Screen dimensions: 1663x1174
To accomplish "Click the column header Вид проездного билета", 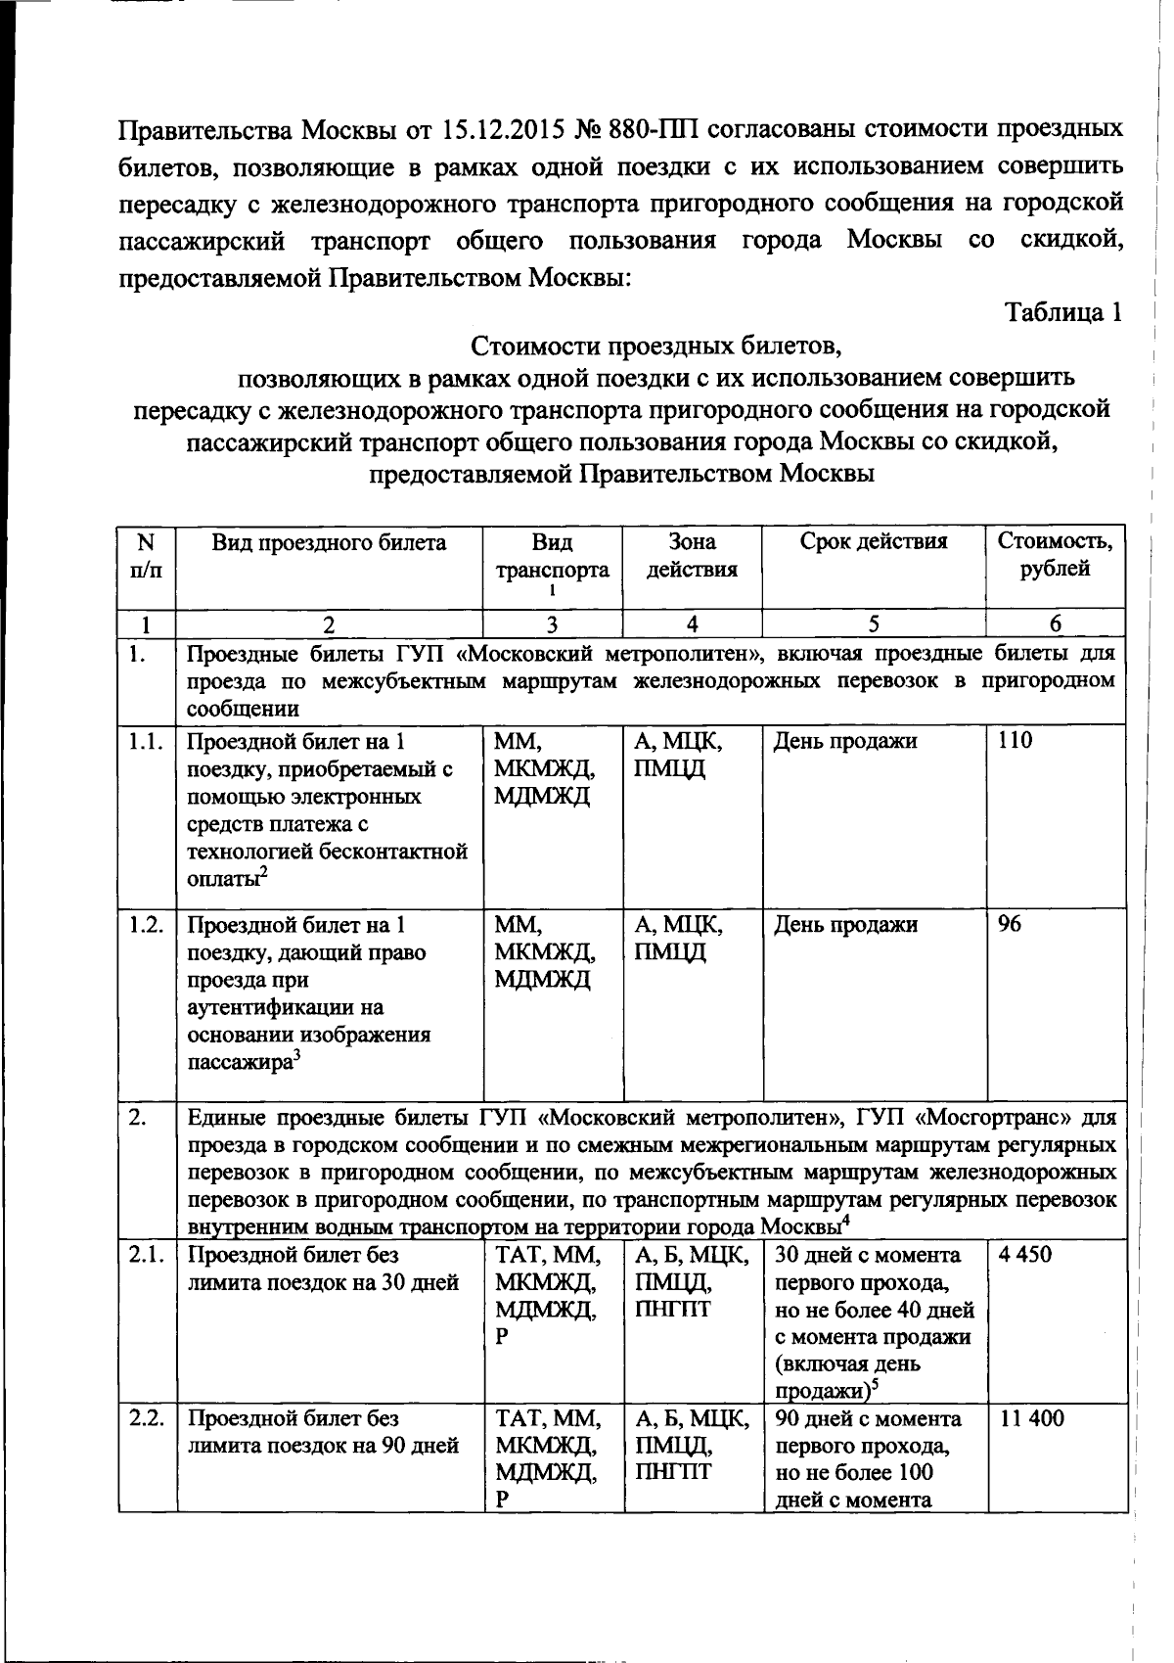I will coord(329,542).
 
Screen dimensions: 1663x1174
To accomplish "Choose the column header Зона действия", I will coord(691,555).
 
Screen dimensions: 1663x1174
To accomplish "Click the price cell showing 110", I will coord(1015,741).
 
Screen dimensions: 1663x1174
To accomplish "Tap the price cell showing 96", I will coord(1009,924).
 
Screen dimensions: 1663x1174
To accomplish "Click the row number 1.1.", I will coord(146,741).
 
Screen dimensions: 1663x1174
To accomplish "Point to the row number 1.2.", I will coord(146,924).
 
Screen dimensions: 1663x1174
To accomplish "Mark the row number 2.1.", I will coord(146,1254).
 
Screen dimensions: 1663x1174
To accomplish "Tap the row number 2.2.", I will coord(146,1418).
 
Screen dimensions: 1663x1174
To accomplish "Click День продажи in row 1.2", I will coord(845,924).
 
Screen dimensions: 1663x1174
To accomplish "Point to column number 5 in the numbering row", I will coord(873,624).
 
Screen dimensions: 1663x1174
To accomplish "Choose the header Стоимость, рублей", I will coord(1055,555).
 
